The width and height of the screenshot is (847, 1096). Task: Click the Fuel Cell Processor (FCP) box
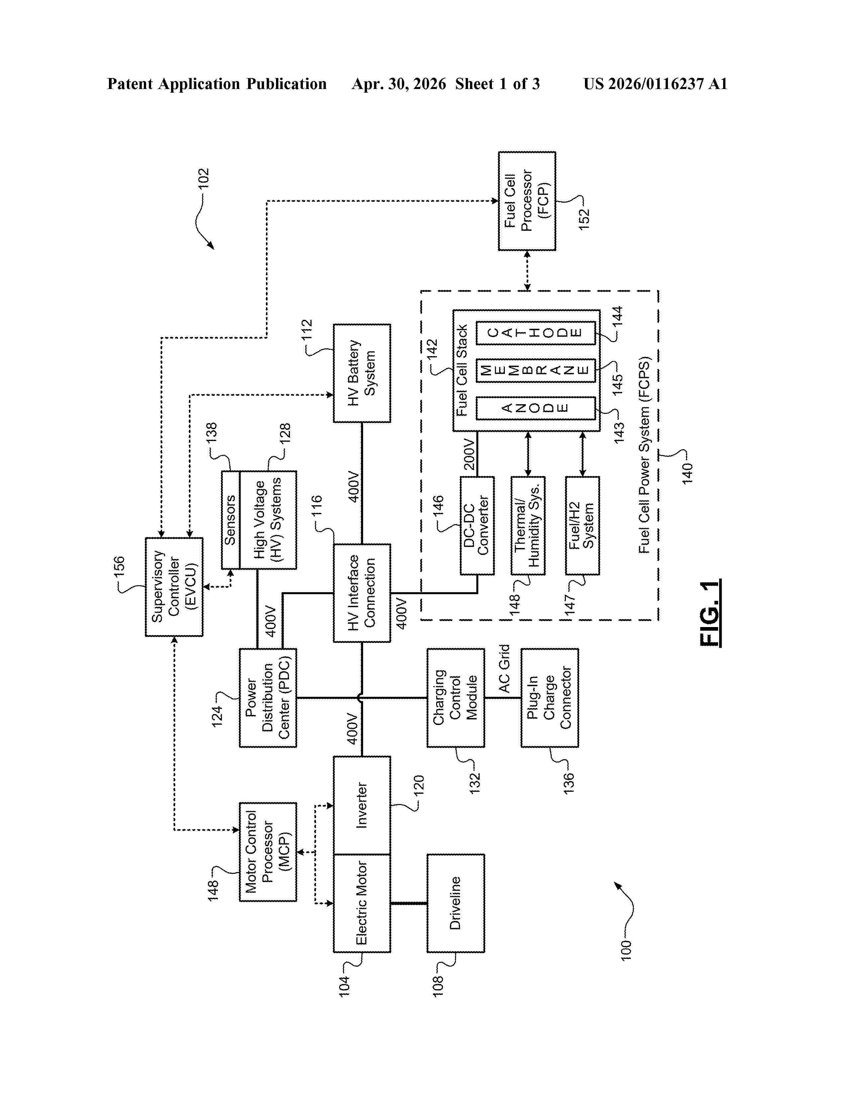(526, 201)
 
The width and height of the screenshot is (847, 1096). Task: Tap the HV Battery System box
(362, 373)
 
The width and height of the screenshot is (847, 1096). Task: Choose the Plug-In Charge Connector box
(549, 697)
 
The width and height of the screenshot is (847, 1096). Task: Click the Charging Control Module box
(456, 697)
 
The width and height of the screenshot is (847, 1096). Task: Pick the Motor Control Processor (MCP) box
(268, 852)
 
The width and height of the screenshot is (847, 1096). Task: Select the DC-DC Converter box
(477, 525)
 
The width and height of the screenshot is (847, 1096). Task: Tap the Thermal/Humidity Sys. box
(528, 525)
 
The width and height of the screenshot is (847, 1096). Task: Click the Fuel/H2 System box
(582, 525)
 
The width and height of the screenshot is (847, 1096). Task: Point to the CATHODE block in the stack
(535, 333)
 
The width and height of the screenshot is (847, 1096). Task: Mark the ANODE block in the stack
(535, 408)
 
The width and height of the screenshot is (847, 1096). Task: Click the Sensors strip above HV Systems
(231, 520)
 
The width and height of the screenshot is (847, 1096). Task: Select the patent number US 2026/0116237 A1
(655, 84)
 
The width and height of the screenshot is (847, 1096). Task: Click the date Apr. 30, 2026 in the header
(399, 84)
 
